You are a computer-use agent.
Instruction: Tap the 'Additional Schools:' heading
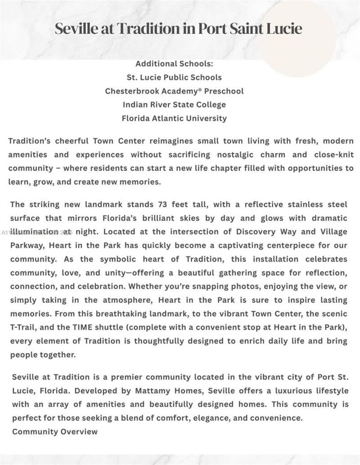click(174, 64)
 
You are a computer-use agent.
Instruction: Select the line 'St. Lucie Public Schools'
click(174, 77)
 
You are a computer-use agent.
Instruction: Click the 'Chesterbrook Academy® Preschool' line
click(174, 91)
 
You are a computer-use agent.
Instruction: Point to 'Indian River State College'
click(174, 105)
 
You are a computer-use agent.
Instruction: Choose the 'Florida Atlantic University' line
click(174, 119)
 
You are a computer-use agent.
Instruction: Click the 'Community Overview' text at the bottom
click(55, 432)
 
